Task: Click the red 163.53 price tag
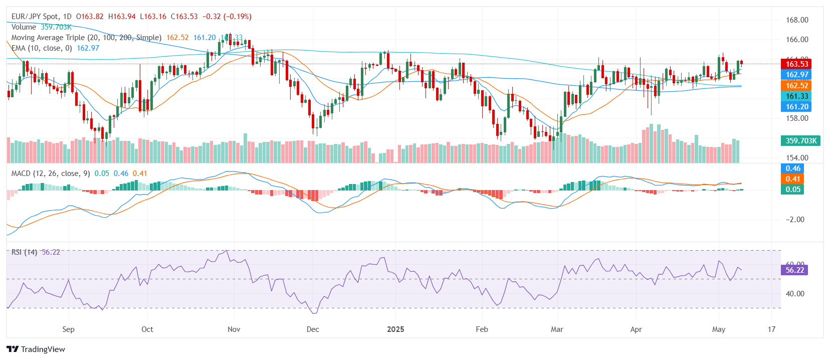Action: point(796,64)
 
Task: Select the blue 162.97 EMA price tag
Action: point(796,75)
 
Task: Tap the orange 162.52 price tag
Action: point(796,85)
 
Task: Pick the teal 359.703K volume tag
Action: point(800,141)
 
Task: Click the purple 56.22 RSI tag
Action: point(794,270)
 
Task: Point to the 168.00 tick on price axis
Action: point(797,20)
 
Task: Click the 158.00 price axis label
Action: point(797,118)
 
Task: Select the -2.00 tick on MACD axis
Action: point(795,220)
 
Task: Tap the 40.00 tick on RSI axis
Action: point(795,294)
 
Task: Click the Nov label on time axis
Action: point(234,329)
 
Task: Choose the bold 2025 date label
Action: point(395,329)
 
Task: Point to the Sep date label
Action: point(68,329)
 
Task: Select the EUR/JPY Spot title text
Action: point(35,17)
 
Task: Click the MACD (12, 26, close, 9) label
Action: point(51,173)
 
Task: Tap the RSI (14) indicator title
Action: point(24,252)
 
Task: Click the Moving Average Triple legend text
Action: point(86,38)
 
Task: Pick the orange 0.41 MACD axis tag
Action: point(792,179)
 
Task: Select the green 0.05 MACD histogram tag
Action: point(792,190)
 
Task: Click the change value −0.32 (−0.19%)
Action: point(227,17)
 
